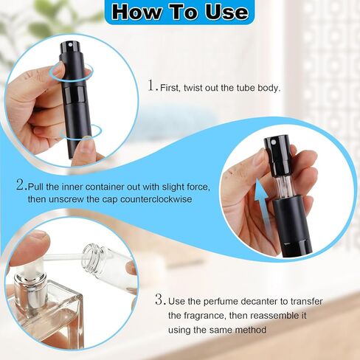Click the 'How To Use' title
[179, 12]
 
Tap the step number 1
[152, 86]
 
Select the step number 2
[19, 184]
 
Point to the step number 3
[159, 300]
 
